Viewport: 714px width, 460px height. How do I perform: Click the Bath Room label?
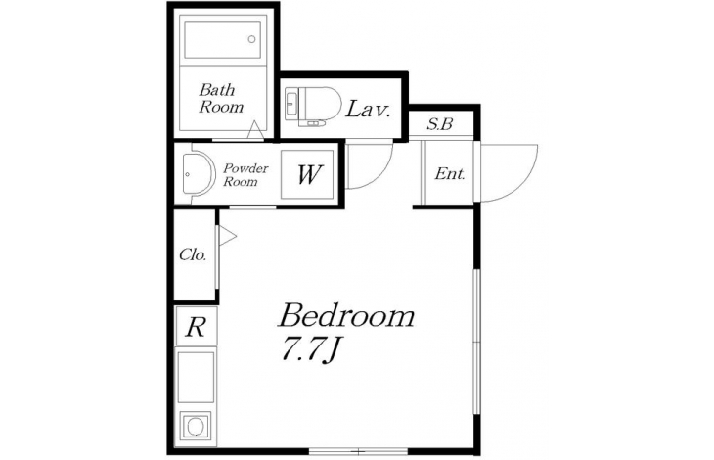[221, 99]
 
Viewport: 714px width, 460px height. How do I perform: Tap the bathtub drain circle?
[251, 39]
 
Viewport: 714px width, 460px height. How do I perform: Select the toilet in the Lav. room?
[313, 107]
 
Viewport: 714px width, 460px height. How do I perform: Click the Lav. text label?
[368, 110]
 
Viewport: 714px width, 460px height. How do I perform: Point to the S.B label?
[440, 124]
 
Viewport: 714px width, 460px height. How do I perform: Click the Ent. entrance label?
[450, 173]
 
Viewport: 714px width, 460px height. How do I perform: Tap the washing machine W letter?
[309, 174]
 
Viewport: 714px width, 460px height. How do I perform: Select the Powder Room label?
[245, 175]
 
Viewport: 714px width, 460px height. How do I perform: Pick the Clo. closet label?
[193, 254]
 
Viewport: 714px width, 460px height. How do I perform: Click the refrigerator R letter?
[197, 326]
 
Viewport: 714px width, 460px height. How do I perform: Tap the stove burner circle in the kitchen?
[196, 427]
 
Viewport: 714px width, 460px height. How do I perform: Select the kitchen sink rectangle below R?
[196, 377]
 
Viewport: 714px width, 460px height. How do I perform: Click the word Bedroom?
[346, 315]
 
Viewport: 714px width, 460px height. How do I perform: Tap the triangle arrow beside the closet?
[228, 237]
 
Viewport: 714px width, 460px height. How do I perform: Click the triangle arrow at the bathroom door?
[255, 130]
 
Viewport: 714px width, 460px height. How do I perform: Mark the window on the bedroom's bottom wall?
[358, 451]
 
